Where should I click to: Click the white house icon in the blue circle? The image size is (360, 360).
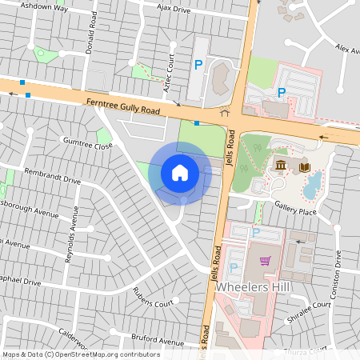(180, 172)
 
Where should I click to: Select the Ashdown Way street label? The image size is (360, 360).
(44, 7)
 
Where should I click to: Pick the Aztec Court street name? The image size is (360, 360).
(169, 73)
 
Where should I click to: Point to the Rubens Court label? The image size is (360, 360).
(153, 298)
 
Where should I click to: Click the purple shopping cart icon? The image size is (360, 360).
(265, 261)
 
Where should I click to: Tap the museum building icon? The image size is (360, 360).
(282, 166)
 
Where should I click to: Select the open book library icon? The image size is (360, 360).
(304, 167)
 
